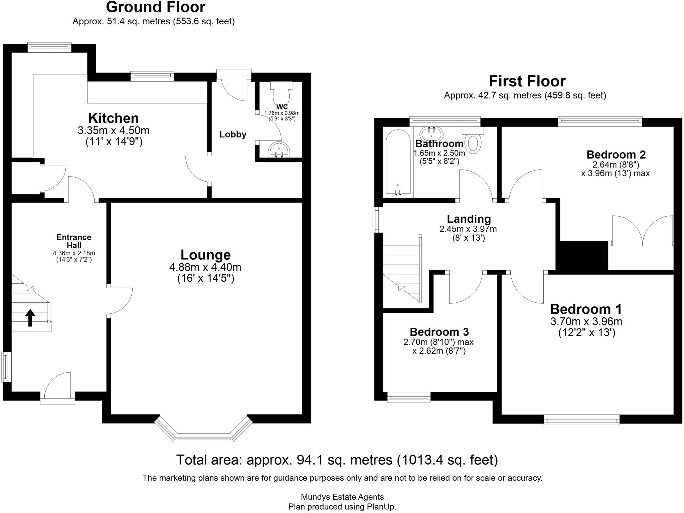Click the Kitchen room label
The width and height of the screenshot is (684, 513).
113,118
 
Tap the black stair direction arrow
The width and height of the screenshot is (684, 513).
30,317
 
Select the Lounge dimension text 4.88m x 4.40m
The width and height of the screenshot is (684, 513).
205,267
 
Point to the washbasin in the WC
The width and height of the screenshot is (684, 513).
280,150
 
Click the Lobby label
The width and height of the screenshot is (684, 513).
233,135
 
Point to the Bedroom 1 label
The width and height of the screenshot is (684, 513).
586,309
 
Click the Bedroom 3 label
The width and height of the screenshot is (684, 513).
439,332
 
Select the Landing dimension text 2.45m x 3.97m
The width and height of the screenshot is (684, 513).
468,229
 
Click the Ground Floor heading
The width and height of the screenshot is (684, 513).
156,7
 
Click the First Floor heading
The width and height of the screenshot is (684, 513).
527,81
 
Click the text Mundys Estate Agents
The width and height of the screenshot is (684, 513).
342,497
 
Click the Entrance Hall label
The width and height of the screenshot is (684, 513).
73,241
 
